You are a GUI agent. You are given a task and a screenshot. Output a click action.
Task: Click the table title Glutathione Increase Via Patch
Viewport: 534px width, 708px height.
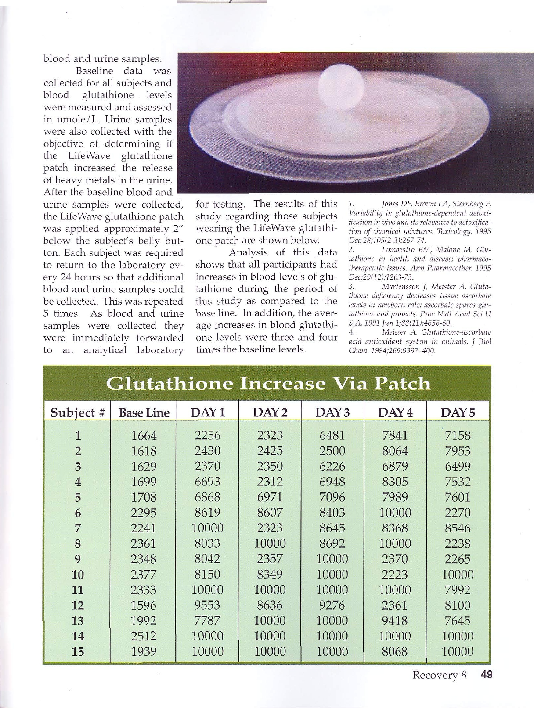pos(269,384)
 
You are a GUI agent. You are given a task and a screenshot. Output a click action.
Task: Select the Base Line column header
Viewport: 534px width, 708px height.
pos(144,413)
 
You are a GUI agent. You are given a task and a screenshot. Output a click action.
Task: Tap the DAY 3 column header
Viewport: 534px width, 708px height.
pos(332,413)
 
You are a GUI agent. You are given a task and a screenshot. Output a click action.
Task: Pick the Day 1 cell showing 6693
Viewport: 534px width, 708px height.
pos(207,482)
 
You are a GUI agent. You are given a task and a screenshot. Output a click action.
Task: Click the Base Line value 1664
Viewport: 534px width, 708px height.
pos(144,436)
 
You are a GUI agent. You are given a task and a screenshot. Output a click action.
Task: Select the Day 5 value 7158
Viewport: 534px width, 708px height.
pos(458,436)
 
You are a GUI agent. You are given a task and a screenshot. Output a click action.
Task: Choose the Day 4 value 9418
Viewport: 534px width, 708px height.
pos(395,620)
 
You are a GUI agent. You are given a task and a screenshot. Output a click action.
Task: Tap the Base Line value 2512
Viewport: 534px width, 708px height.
pos(144,636)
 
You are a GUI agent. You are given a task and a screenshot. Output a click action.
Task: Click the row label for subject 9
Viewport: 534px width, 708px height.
pos(78,559)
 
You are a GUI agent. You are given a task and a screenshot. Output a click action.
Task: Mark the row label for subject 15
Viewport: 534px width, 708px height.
pos(78,651)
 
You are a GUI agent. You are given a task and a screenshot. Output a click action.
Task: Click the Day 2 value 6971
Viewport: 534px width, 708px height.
pos(270,497)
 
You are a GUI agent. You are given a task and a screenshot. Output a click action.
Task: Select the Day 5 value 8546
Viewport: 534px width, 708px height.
pos(458,528)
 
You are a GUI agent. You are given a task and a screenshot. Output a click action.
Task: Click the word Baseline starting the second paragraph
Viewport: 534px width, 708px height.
pos(94,71)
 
